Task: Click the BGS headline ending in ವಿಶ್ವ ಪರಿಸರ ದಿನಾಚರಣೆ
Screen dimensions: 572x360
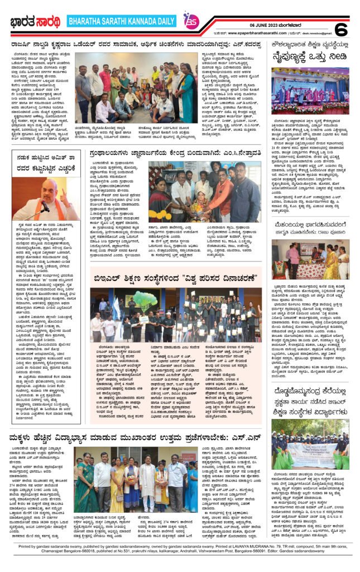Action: (176, 276)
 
